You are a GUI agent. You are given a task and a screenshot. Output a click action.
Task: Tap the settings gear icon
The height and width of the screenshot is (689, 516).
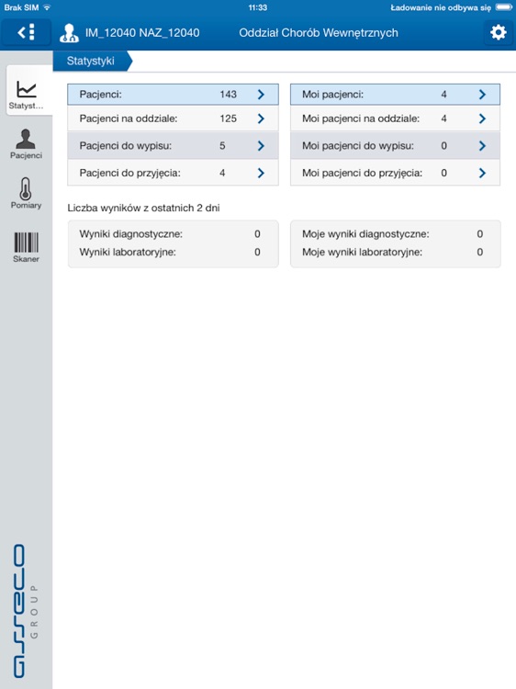coord(499,32)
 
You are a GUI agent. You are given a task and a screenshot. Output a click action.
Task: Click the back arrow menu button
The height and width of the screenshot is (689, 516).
coord(26,32)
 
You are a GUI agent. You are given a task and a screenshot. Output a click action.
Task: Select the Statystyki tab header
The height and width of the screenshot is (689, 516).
coord(91,62)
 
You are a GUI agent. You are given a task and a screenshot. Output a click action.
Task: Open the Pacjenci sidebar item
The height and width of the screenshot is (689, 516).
coord(26,143)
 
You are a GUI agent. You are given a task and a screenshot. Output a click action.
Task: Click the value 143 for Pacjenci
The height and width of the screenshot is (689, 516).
coord(228,94)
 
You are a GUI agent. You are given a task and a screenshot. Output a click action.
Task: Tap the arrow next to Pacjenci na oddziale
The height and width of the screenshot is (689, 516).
coord(261,119)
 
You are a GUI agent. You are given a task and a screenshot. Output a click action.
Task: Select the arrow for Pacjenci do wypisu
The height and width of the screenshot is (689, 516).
coord(261,145)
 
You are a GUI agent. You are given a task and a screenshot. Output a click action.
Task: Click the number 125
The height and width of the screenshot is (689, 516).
coord(228,119)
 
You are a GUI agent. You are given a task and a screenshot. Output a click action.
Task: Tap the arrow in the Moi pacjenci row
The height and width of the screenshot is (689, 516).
coord(482,94)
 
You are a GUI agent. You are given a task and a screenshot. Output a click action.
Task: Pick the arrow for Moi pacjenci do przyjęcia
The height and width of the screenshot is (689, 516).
coord(482,173)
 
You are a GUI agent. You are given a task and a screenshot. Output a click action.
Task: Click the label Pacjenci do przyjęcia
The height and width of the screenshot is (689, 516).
coord(129,173)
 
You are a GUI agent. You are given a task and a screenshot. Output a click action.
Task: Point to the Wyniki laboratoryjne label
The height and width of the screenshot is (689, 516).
coord(128,252)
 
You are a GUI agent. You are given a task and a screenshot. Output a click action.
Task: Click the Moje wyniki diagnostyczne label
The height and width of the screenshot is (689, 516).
coord(365,234)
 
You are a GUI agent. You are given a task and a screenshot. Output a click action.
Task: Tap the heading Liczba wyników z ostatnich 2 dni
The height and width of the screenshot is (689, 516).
coord(143,209)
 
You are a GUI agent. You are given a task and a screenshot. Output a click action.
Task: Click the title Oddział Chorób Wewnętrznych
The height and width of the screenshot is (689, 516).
coord(318,33)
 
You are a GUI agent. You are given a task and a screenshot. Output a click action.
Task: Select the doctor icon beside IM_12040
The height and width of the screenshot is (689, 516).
coord(69,33)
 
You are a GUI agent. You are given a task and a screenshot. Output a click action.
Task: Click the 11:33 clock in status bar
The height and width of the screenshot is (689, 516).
coord(258,6)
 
